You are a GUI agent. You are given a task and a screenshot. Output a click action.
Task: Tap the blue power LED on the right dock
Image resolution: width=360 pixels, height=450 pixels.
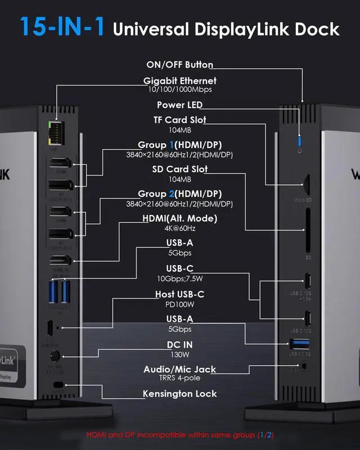tap(300, 139)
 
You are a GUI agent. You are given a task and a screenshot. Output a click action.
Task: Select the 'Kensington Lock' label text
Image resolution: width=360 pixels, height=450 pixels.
tap(179, 394)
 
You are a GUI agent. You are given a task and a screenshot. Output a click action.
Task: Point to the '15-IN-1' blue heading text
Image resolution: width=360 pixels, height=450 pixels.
tap(62, 27)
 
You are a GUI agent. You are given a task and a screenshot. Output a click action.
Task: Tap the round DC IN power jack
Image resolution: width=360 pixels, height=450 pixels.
tap(56, 356)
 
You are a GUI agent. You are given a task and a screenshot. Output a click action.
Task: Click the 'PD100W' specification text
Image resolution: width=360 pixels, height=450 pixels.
tap(179, 304)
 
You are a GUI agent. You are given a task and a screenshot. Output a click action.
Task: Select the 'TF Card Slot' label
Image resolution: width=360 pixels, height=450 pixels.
tap(179, 120)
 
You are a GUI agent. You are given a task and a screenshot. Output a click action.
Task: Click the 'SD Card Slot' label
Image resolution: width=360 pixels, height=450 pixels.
tap(179, 169)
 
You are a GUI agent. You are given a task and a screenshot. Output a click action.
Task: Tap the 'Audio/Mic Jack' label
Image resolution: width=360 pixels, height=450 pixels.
tap(179, 369)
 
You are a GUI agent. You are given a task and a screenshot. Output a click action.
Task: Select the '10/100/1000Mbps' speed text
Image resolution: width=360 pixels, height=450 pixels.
tap(179, 89)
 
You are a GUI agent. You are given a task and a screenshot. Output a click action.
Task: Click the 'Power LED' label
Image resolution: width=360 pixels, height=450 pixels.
tap(179, 105)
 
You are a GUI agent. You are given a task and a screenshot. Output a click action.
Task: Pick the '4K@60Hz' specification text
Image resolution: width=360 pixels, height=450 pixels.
tap(179, 228)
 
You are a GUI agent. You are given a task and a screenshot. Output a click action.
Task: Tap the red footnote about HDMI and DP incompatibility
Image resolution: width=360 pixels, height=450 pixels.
tap(179, 435)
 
